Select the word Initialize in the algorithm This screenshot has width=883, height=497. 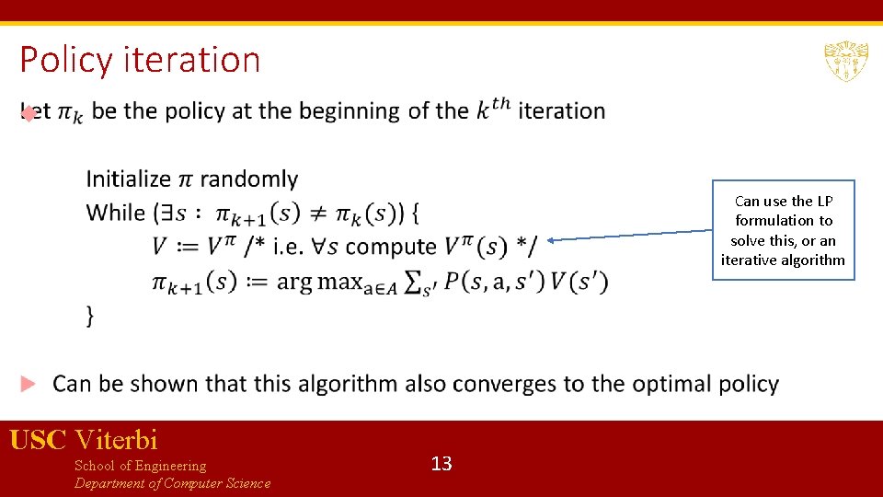tap(129, 179)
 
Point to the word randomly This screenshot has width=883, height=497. tap(248, 179)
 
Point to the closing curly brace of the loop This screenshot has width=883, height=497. tap(90, 316)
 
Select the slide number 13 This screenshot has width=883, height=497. tap(441, 463)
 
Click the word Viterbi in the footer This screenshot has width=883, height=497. tap(117, 440)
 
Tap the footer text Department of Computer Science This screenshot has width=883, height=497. tap(172, 483)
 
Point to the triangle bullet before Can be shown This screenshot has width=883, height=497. tap(29, 383)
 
